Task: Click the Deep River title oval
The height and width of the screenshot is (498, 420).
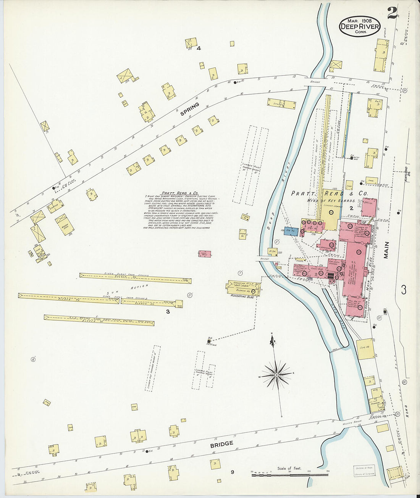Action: click(x=359, y=26)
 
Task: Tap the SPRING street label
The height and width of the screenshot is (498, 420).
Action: click(x=190, y=109)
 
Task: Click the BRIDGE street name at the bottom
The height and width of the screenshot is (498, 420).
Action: click(x=221, y=444)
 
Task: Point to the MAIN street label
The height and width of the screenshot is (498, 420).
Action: click(x=386, y=250)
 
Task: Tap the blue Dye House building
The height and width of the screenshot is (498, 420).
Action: click(x=292, y=231)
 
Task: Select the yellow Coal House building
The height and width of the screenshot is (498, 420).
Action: click(x=366, y=348)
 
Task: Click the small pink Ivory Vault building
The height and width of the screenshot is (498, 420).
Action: click(x=205, y=254)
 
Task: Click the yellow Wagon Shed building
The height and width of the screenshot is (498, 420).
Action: click(x=65, y=224)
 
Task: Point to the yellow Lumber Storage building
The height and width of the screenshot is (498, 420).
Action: click(x=330, y=210)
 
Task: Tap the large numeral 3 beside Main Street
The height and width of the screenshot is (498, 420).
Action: click(x=404, y=290)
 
